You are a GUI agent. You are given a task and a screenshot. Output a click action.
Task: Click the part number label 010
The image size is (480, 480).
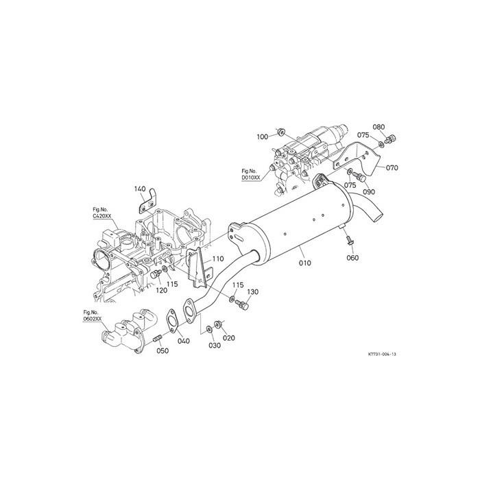pos(305,262)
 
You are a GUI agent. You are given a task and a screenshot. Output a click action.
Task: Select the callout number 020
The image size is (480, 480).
pos(228,338)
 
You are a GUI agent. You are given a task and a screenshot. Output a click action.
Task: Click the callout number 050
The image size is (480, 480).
pos(163,350)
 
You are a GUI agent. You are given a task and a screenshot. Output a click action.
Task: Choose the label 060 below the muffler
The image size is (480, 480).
pos(352,258)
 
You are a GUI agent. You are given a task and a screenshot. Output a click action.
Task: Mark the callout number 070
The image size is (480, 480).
pos(392,167)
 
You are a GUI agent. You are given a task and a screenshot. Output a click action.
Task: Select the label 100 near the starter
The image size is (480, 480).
pos(263,137)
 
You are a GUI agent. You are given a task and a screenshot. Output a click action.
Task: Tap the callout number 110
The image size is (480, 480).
pos(217,259)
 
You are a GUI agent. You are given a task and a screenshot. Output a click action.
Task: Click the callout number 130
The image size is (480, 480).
pos(252,292)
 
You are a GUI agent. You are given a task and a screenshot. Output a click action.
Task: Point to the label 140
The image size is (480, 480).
pos(140,189)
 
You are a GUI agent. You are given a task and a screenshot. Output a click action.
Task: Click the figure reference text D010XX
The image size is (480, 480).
pos(250,177)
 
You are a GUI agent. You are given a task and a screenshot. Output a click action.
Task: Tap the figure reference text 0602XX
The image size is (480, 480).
pos(92,318)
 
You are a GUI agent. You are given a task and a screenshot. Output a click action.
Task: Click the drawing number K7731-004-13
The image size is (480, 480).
pos(382,355)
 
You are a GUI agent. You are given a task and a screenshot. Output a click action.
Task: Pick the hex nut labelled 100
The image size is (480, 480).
pos(280,130)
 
